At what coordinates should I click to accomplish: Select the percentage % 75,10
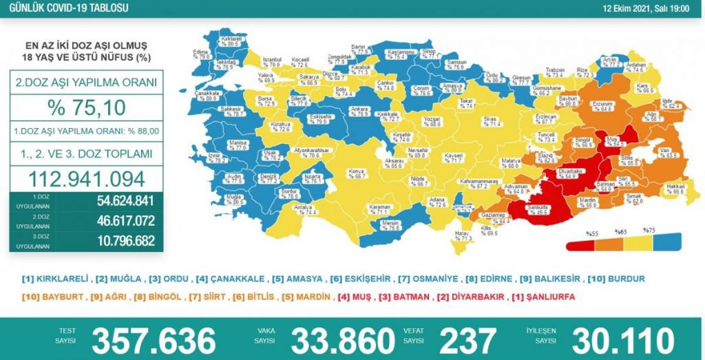(x=87, y=107)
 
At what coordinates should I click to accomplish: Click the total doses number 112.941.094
(x=87, y=178)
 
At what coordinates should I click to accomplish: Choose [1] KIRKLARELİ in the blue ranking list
(x=56, y=279)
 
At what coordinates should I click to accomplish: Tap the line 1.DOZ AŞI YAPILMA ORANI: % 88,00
(x=87, y=130)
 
